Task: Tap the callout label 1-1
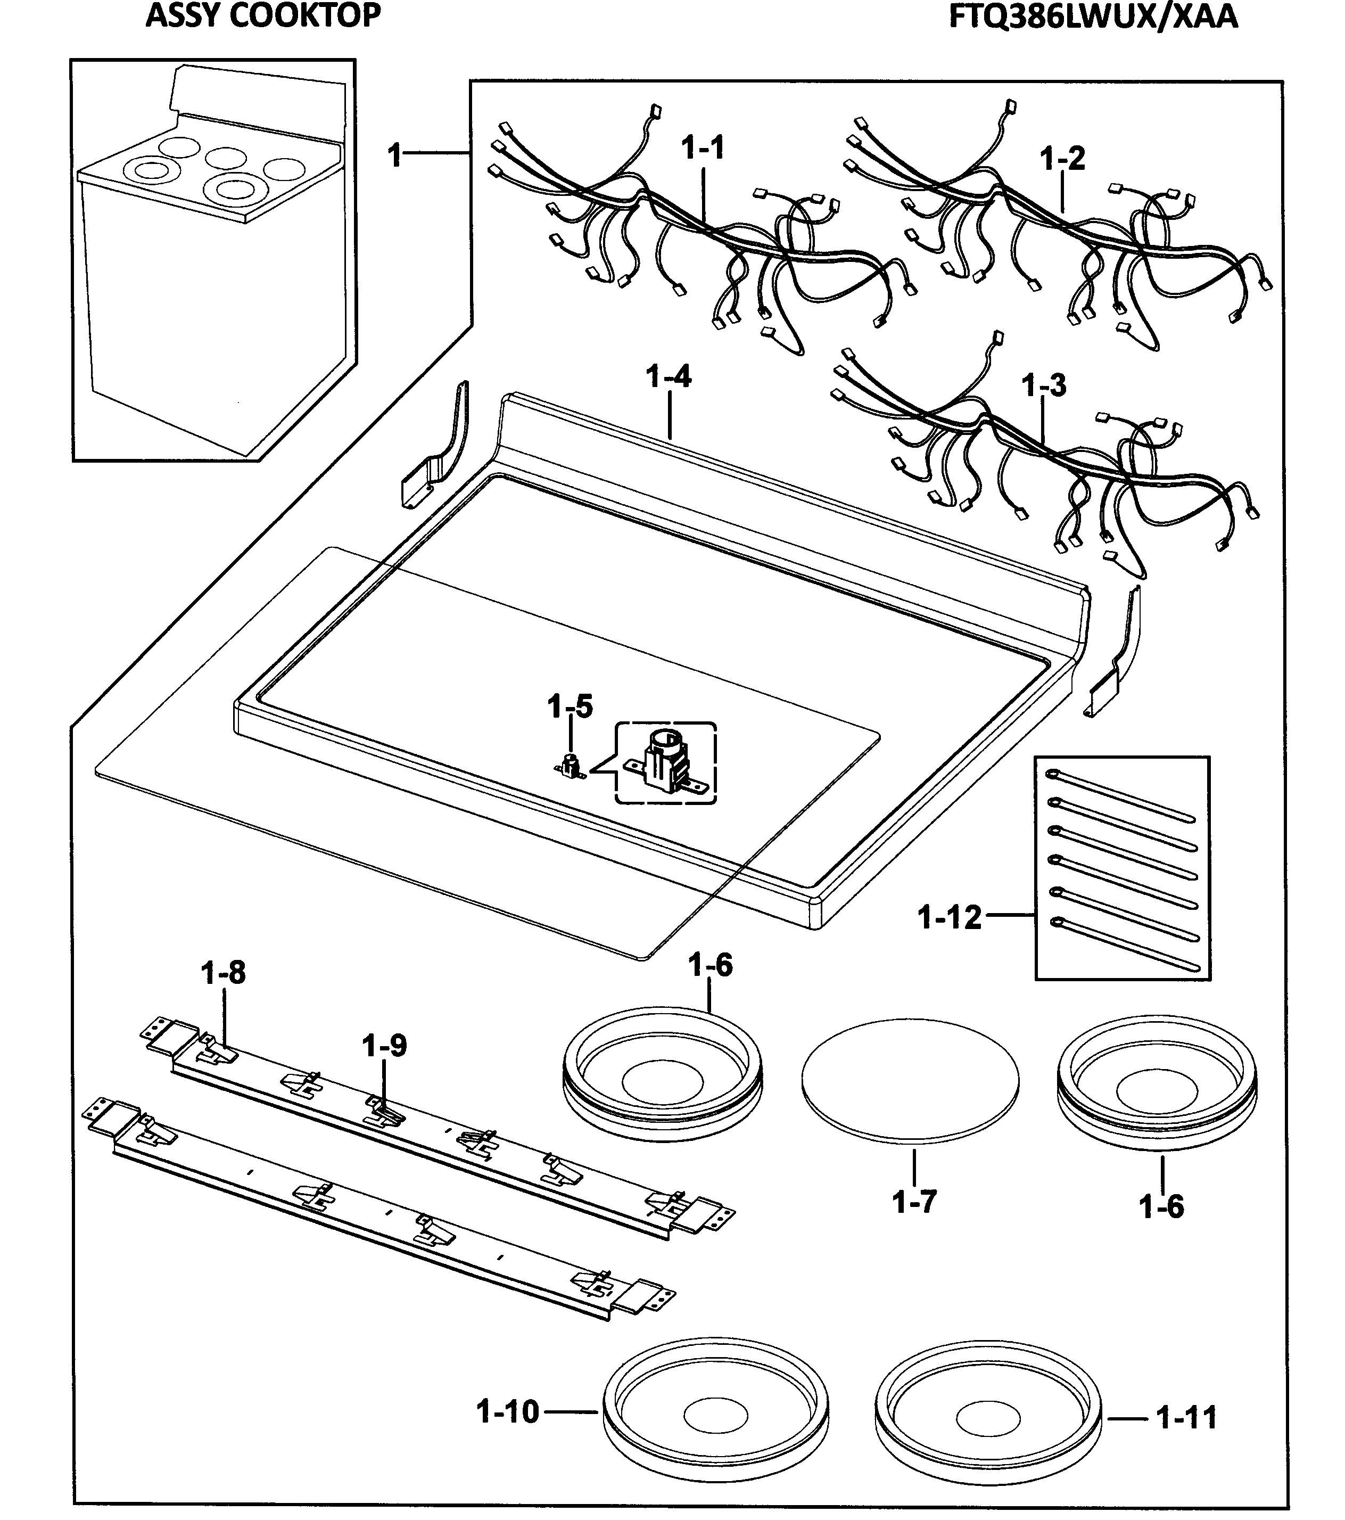[x=703, y=149]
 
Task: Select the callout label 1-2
[x=1062, y=159]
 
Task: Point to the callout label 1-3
[x=1043, y=385]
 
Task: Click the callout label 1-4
[x=669, y=377]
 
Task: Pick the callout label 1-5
[x=570, y=706]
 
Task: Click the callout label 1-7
[x=914, y=1202]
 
